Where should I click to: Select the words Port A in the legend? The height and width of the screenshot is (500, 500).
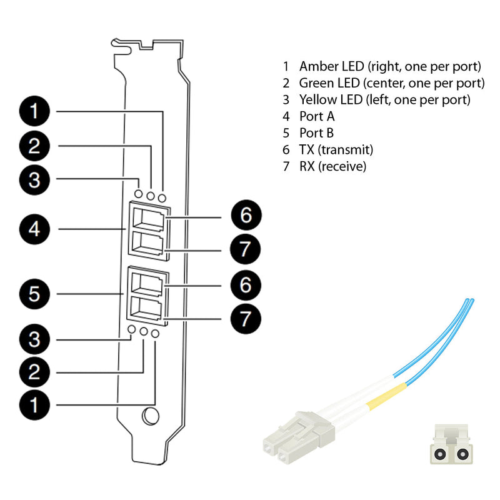coord(321,116)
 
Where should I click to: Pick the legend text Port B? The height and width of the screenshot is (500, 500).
coord(321,133)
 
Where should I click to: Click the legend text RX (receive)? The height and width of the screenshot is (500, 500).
coord(332,167)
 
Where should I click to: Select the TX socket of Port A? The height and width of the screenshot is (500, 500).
coord(149,218)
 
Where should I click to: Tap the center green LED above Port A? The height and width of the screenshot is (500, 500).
coord(151,196)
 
